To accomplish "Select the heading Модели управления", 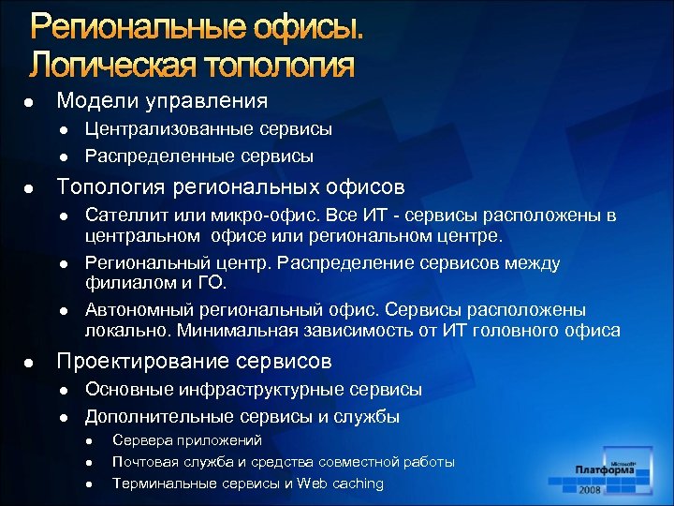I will click(x=162, y=100).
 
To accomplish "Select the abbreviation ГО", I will click(x=212, y=282).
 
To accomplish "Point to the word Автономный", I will click(x=134, y=309).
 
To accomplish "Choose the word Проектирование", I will click(x=137, y=361).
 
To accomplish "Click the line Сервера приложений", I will click(x=186, y=439).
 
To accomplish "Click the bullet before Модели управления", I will click(x=30, y=101).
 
